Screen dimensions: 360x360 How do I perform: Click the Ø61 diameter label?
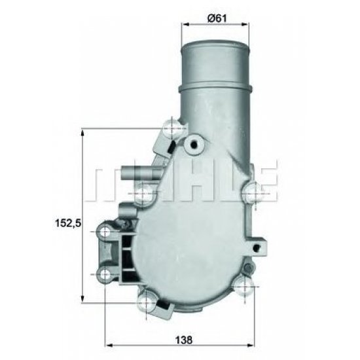pyautogui.click(x=216, y=18)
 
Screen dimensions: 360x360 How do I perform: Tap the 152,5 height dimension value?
pyautogui.click(x=67, y=223)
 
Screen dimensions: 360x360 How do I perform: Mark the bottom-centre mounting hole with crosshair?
pyautogui.click(x=146, y=302)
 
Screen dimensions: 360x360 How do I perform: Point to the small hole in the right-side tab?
pyautogui.click(x=261, y=246)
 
